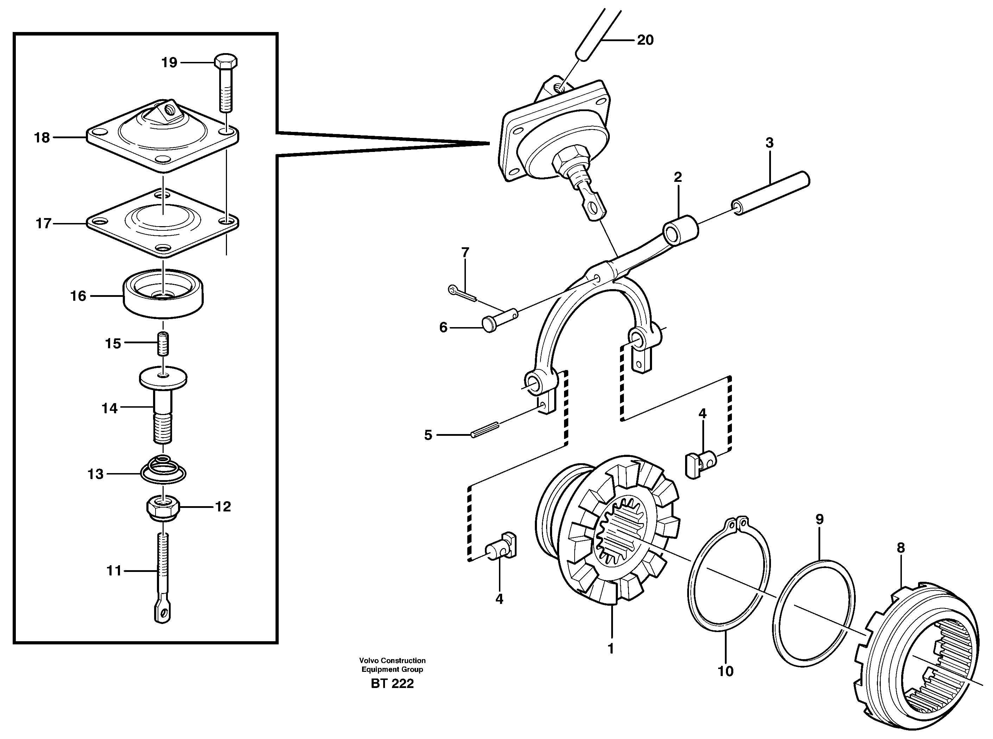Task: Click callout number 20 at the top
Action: click(x=645, y=40)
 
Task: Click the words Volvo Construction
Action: click(x=392, y=660)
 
